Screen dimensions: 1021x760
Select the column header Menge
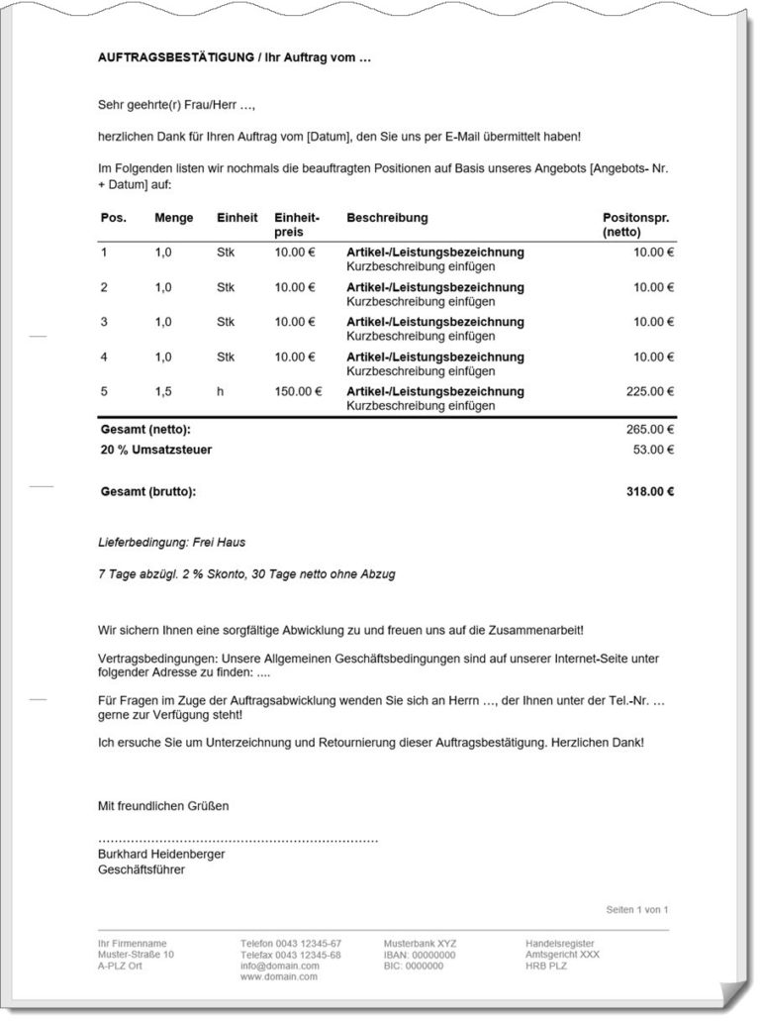tap(173, 218)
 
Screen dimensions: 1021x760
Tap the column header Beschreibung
tap(387, 218)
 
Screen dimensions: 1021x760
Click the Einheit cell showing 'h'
tap(221, 391)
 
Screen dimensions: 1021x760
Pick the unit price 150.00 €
tap(298, 391)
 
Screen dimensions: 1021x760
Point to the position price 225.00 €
tap(650, 391)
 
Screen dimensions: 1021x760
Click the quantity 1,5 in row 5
tap(163, 391)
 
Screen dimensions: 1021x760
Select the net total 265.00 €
tap(650, 430)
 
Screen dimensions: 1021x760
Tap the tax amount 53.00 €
tap(653, 450)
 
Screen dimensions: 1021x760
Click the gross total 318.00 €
tap(650, 491)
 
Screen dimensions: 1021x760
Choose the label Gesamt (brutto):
tap(148, 491)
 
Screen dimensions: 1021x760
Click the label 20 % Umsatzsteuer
tap(156, 450)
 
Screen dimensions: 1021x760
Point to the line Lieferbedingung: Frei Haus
tap(171, 543)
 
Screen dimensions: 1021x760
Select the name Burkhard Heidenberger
tap(161, 854)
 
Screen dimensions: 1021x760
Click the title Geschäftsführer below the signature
tap(142, 870)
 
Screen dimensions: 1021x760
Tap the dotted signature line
tap(237, 840)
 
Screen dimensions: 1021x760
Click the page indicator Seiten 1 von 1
tap(637, 909)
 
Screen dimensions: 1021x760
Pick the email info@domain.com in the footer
tap(280, 966)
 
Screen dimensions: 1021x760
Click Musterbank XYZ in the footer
tap(421, 944)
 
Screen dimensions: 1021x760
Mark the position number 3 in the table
tap(104, 322)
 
